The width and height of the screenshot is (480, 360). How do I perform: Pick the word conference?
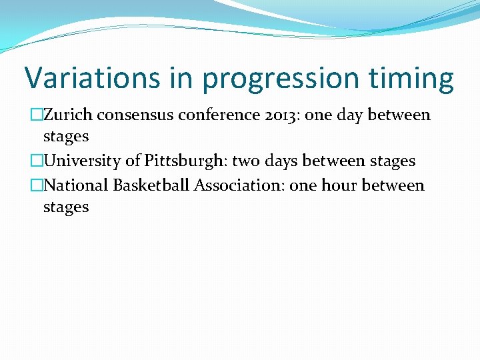click(x=221, y=115)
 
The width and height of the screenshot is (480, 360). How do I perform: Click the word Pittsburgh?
click(x=183, y=161)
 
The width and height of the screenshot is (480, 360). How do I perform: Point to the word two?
click(x=246, y=161)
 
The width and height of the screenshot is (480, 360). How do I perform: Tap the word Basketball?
click(x=151, y=185)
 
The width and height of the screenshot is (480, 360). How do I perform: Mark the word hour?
click(x=339, y=185)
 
